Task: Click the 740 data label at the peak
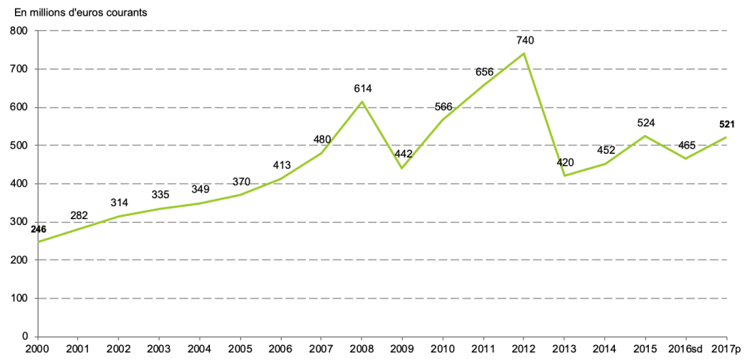point(525,40)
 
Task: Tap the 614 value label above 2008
point(363,88)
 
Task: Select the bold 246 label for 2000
point(37,229)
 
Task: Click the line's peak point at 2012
point(525,53)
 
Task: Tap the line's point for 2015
point(646,136)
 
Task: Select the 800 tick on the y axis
point(18,31)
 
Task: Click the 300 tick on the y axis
point(18,222)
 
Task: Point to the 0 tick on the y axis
point(24,337)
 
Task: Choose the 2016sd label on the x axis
point(685,349)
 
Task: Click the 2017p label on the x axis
point(726,349)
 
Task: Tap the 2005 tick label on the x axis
point(240,349)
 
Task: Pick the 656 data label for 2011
point(484,72)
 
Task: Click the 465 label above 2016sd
point(687,145)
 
